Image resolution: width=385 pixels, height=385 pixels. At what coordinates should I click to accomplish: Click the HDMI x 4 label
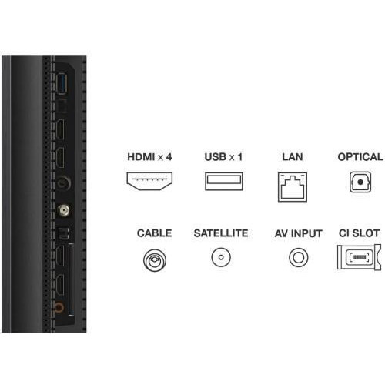[x=149, y=157]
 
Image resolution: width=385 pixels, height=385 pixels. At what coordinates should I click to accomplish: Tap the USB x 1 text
[x=223, y=157]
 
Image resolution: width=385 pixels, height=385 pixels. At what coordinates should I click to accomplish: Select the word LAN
[x=293, y=157]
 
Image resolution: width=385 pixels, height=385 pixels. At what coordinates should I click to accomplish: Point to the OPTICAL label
[x=360, y=157]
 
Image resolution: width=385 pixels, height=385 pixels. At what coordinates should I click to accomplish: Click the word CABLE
[x=155, y=233]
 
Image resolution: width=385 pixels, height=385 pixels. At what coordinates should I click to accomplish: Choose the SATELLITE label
[x=221, y=233]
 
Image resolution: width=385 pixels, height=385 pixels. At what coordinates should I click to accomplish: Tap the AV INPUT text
[x=299, y=233]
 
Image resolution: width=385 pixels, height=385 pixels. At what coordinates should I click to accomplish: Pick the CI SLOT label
[x=359, y=233]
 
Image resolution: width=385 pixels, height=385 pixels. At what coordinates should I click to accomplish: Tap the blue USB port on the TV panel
[x=62, y=83]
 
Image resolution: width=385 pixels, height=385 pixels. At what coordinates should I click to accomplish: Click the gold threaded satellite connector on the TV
[x=63, y=210]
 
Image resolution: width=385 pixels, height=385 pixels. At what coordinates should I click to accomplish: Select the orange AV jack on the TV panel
[x=59, y=306]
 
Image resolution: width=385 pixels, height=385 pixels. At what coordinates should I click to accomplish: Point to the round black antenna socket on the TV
[x=63, y=183]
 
